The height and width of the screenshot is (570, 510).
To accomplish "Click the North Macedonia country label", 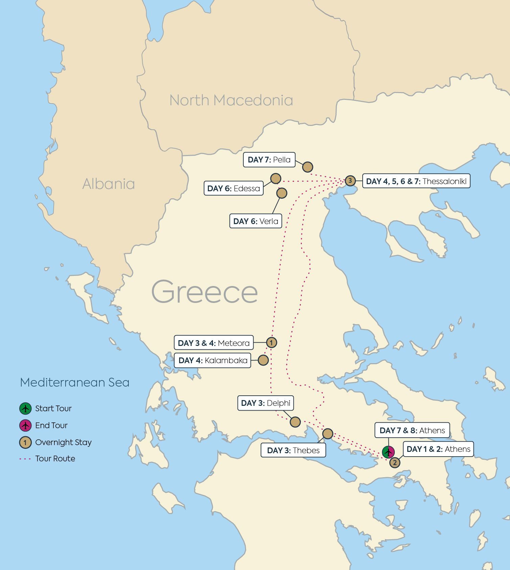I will (231, 101).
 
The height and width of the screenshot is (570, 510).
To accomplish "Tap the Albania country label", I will (108, 184).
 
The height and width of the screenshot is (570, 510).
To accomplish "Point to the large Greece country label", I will (204, 292).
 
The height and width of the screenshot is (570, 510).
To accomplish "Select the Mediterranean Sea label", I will (75, 382).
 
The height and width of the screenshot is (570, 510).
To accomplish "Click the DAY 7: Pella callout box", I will (269, 160).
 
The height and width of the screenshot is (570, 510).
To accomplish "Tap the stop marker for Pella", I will (307, 167).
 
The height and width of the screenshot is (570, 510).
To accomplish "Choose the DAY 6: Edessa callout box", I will (234, 189).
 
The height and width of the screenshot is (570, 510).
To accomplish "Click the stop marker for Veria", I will (282, 193).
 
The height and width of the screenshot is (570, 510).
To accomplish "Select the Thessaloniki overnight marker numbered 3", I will (350, 181).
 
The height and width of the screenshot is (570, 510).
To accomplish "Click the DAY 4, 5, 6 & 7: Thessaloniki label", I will (416, 181).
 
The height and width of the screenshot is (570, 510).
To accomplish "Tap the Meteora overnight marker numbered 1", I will (271, 343).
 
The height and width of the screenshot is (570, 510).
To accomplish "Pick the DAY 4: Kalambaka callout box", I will (213, 360).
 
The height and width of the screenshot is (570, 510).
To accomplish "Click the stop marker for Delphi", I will (295, 422).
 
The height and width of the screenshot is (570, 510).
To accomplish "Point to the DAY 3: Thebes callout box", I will (293, 451).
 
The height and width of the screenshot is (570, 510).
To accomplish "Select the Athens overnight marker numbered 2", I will (394, 462).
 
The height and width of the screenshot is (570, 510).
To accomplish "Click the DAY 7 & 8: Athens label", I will (412, 431).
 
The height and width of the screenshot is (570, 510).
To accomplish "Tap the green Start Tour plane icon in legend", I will (25, 409).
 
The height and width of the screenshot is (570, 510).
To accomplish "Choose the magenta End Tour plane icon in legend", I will (25, 425).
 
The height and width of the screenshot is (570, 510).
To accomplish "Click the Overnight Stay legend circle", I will (25, 442).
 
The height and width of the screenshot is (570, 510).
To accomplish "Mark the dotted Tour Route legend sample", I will (25, 459).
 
